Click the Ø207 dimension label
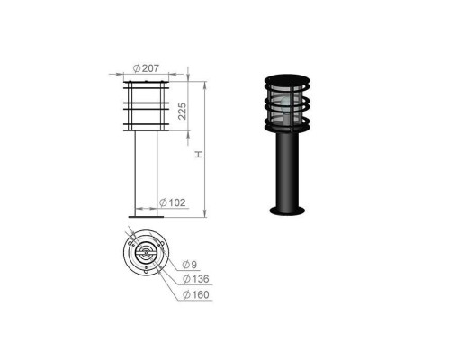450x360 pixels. point(146,68)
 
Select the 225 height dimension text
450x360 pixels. point(182,112)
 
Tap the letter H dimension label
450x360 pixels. point(199,154)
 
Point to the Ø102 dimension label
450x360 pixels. point(172,202)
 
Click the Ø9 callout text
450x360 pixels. point(190,265)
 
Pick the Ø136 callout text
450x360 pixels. point(196,279)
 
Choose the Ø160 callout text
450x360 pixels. point(196,294)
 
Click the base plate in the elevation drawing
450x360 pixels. point(146,217)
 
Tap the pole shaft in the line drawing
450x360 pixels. point(146,173)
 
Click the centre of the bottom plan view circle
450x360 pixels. point(146,253)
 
